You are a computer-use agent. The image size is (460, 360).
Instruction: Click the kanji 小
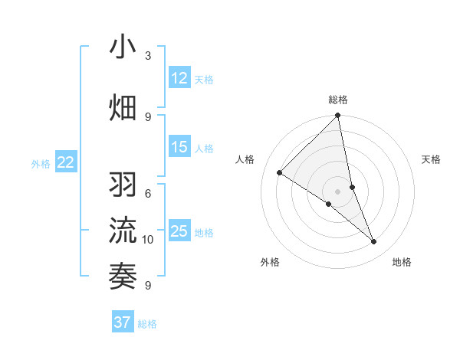coord(123,47)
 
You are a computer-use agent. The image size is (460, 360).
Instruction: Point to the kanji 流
coord(123,231)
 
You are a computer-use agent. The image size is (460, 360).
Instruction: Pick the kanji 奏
coord(123,275)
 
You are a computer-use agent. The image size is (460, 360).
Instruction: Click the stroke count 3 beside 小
coord(148,56)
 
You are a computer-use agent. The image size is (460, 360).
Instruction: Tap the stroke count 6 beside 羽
coord(148,194)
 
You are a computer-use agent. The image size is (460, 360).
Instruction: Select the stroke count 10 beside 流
coord(148,240)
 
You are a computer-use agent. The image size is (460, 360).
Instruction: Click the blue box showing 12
coord(179,78)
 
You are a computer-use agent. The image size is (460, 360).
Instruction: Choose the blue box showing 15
coord(179,148)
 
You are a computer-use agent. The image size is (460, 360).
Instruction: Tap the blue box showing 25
coord(179,231)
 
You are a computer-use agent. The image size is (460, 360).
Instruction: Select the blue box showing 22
coord(66,162)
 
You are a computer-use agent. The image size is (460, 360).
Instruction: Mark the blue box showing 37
coord(123,322)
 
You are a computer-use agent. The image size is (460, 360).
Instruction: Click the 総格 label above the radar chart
coord(338,100)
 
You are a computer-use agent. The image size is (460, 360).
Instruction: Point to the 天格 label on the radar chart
coord(432,159)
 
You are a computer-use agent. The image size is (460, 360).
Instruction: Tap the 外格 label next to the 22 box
coord(40,163)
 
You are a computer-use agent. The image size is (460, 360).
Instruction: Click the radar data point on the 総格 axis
coord(338,116)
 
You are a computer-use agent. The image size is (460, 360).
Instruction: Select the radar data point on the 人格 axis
coord(280,172)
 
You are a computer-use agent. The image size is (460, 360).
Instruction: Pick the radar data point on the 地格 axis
coord(374,241)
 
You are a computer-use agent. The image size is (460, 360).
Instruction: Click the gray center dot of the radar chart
coord(338,191)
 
